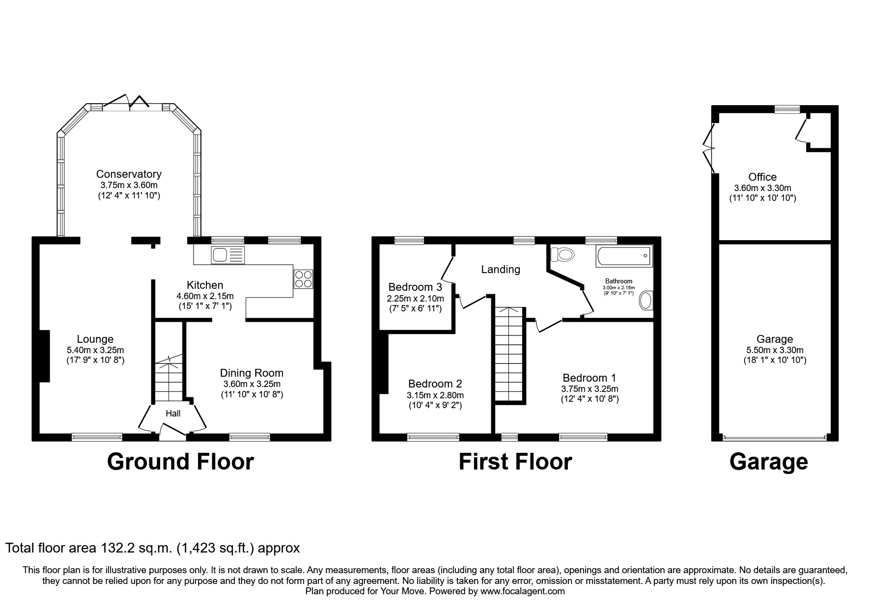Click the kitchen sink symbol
(227, 255)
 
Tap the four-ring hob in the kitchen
(303, 279)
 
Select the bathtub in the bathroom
(624, 256)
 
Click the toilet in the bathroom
(563, 254)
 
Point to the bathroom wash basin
(645, 301)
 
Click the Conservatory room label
(129, 174)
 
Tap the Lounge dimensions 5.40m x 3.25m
(95, 350)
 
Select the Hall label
(173, 414)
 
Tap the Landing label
(500, 269)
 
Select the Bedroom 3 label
(415, 287)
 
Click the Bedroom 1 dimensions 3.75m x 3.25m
(589, 389)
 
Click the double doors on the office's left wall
(709, 147)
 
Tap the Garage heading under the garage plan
(768, 462)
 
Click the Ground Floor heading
(180, 462)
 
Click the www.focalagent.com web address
(522, 591)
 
